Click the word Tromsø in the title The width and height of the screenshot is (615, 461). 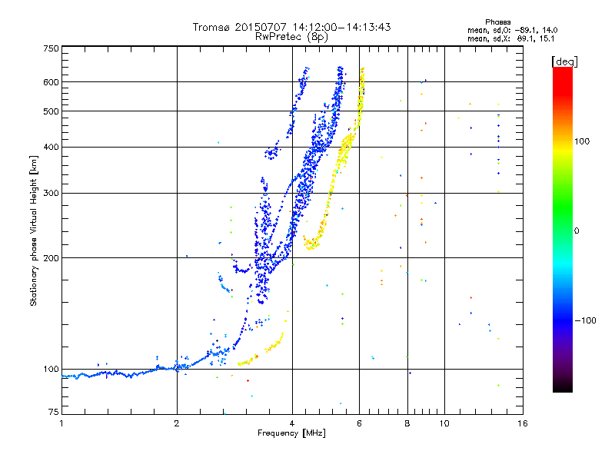[x=211, y=28]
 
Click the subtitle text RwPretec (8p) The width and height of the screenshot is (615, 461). [x=291, y=37]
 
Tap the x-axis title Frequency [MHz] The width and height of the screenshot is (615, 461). [x=291, y=433]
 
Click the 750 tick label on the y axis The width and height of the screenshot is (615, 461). [x=51, y=48]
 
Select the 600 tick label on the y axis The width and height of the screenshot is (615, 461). [x=51, y=82]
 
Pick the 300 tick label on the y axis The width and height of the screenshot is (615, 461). [x=51, y=193]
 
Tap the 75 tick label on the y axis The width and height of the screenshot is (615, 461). [x=54, y=412]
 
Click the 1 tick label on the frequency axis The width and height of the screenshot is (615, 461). [x=61, y=423]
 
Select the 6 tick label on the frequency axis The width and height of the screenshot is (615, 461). [x=359, y=423]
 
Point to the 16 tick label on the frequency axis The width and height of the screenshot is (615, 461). [x=523, y=423]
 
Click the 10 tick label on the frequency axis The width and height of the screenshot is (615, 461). [x=444, y=423]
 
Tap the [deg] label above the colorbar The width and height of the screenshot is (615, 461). [x=564, y=61]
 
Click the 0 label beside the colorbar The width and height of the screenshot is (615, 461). [x=576, y=230]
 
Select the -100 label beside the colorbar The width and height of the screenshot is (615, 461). [x=585, y=320]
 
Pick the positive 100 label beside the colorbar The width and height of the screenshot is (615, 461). [x=582, y=141]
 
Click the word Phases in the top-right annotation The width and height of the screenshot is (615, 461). [x=497, y=22]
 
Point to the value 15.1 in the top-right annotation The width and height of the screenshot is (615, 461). [x=547, y=38]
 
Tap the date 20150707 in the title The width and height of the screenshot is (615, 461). [x=261, y=27]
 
